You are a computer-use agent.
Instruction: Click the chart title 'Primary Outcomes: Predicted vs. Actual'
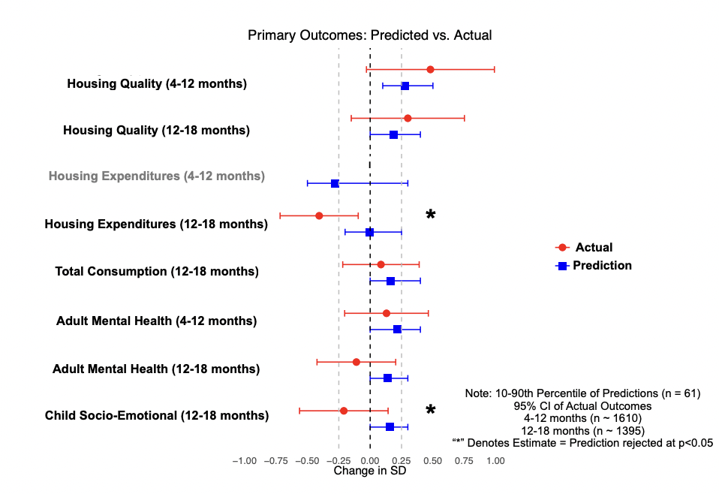(x=370, y=35)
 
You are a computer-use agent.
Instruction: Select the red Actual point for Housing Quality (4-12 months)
(x=430, y=69)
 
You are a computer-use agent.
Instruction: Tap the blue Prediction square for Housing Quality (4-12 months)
(x=405, y=86)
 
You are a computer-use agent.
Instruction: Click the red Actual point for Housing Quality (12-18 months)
(x=408, y=118)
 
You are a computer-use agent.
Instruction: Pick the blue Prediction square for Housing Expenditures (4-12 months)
(x=335, y=183)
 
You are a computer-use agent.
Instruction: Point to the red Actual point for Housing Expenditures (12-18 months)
(x=319, y=215)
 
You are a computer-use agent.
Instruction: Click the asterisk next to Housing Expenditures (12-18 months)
(x=431, y=215)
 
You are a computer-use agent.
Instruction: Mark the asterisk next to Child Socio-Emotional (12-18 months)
(x=431, y=410)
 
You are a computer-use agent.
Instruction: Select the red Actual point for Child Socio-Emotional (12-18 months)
(x=344, y=411)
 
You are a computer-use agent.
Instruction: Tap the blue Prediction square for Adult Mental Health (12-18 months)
(x=387, y=378)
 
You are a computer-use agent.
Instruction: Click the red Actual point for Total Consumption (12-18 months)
(x=381, y=264)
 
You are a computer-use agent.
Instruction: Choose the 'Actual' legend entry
(x=593, y=247)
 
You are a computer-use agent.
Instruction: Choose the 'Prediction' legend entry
(x=602, y=265)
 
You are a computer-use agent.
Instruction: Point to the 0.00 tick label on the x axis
(x=370, y=460)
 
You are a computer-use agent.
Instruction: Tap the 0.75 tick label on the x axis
(x=464, y=460)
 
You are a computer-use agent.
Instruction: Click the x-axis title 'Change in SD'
(x=370, y=471)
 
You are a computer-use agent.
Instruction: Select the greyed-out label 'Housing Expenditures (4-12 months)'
(x=156, y=176)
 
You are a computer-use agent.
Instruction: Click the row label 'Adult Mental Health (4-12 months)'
(x=156, y=321)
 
